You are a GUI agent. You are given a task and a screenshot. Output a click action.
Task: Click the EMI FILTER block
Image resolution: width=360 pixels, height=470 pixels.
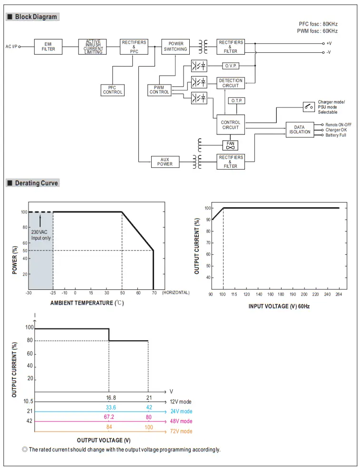pyautogui.click(x=48, y=47)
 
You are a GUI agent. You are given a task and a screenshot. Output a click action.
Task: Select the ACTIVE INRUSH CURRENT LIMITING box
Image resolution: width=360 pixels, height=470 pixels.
pyautogui.click(x=93, y=47)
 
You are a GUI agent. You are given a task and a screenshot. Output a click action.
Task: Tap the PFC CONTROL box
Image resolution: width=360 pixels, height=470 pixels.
pyautogui.click(x=113, y=90)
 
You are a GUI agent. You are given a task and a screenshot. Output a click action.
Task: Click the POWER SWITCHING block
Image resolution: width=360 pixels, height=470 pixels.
pyautogui.click(x=175, y=47)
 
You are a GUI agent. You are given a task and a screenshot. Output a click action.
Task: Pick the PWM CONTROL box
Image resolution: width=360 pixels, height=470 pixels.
pyautogui.click(x=159, y=89)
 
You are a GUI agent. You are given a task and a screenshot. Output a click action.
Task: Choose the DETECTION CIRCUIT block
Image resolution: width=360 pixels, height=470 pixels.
pyautogui.click(x=231, y=83)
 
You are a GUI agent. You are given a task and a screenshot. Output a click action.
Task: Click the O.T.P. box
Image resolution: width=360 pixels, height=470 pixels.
pyautogui.click(x=236, y=101)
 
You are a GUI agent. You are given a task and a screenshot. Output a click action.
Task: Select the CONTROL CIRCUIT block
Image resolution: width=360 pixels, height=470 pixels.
pyautogui.click(x=231, y=125)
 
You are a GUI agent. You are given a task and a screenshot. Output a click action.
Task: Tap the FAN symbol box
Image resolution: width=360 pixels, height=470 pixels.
pyautogui.click(x=231, y=145)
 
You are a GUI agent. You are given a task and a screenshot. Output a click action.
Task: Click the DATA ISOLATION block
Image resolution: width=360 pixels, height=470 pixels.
pyautogui.click(x=300, y=129)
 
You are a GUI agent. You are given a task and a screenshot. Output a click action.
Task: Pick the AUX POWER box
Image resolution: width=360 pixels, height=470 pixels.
pyautogui.click(x=165, y=162)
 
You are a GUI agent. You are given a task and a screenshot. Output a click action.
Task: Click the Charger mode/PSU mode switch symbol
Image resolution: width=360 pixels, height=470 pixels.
pyautogui.click(x=309, y=106)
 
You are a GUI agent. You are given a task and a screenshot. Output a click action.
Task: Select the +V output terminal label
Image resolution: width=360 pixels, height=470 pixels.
pyautogui.click(x=329, y=43)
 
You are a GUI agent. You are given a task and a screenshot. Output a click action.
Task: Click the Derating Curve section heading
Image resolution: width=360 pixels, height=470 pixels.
pyautogui.click(x=36, y=183)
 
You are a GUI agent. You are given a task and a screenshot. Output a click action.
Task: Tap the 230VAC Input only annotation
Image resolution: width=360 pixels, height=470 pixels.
pyautogui.click(x=40, y=235)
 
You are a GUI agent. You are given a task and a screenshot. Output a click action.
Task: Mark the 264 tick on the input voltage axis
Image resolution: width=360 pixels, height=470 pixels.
pyautogui.click(x=339, y=295)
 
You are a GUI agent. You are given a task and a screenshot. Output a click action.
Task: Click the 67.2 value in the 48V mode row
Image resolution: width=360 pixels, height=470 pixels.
pyautogui.click(x=109, y=417)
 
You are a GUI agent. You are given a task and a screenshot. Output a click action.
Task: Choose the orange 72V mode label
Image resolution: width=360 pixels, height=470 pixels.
pyautogui.click(x=181, y=431)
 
